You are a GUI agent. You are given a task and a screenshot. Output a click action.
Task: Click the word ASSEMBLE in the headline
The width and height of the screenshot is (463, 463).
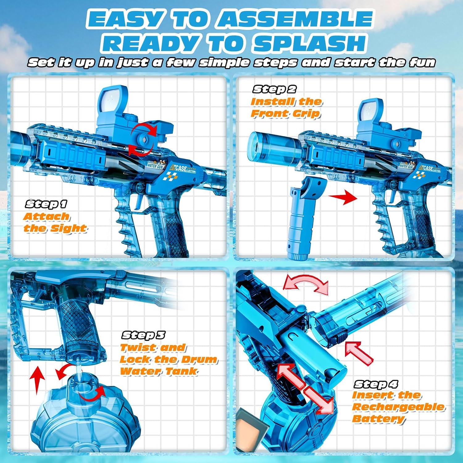(294, 19)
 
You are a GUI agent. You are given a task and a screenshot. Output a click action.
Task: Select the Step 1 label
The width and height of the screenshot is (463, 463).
(46, 204)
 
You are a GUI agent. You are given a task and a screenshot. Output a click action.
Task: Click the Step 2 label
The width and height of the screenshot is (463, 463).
(274, 89)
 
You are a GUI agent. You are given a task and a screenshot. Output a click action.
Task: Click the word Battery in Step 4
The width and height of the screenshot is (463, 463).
(378, 419)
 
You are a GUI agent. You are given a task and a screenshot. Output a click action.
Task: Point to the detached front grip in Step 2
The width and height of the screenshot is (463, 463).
(304, 219)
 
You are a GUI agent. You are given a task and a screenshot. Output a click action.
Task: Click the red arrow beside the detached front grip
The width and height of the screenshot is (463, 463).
(343, 197)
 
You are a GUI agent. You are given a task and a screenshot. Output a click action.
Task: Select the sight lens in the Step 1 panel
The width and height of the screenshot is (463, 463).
(113, 99)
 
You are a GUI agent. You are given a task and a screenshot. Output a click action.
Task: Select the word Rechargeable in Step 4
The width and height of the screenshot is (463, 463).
(398, 407)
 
